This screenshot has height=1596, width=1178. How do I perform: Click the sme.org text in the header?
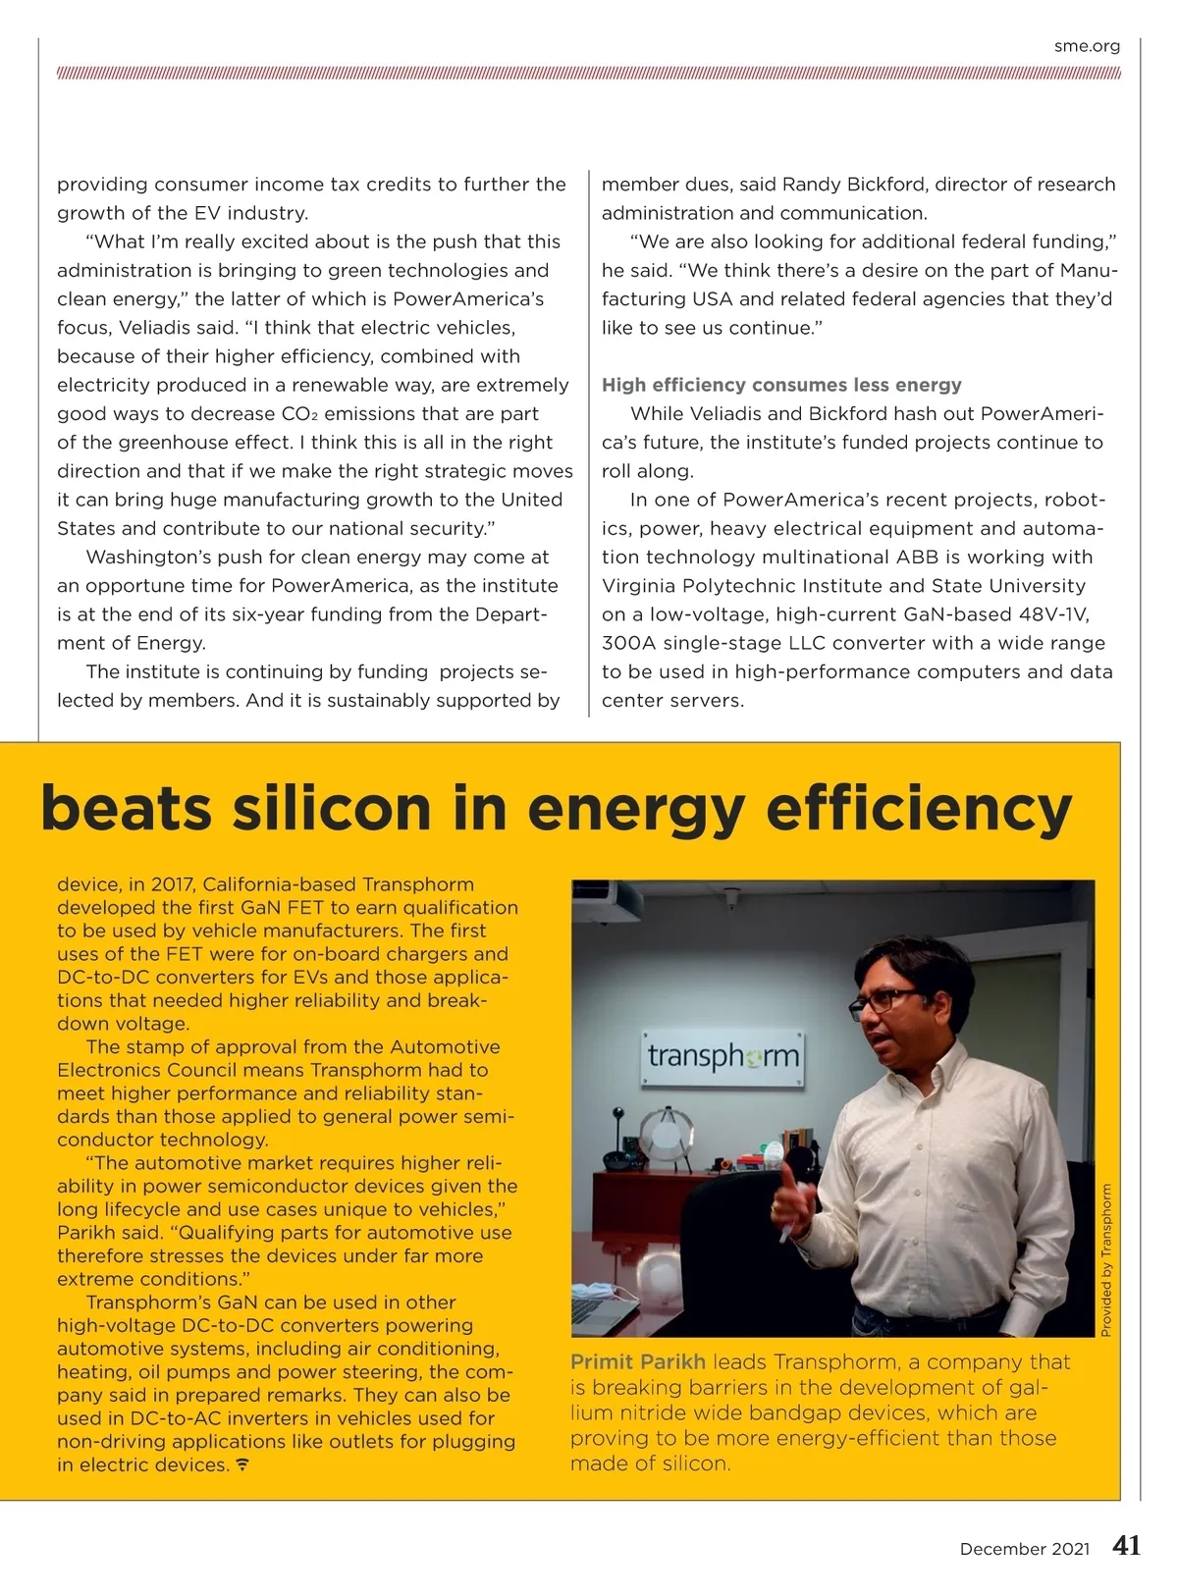click(1087, 46)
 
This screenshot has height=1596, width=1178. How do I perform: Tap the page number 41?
click(1127, 1546)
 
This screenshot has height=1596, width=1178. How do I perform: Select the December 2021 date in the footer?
click(1024, 1549)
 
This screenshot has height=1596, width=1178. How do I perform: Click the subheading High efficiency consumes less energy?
click(781, 385)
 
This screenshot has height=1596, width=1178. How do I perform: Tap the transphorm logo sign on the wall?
click(723, 1058)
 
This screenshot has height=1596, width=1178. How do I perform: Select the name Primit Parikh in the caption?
click(638, 1362)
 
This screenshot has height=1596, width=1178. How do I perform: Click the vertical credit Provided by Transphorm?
click(1106, 1260)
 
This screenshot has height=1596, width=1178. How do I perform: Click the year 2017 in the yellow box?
click(172, 884)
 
